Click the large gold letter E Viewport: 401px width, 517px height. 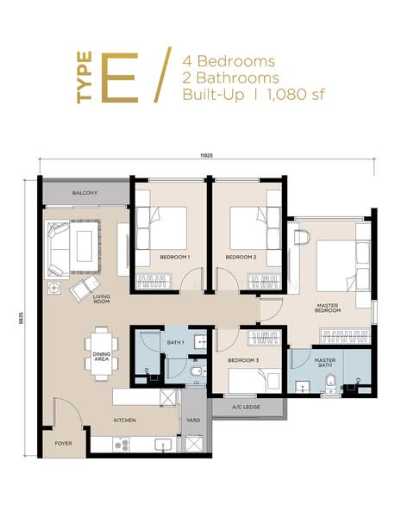pyautogui.click(x=120, y=78)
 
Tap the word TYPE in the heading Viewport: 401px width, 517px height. pyautogui.click(x=85, y=78)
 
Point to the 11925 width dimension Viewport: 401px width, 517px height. pyautogui.click(x=208, y=156)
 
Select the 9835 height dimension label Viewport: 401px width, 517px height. pyautogui.click(x=21, y=318)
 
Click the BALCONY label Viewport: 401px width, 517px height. pyautogui.click(x=85, y=193)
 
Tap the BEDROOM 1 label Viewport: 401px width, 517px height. pyautogui.click(x=174, y=257)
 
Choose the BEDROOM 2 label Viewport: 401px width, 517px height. pyautogui.click(x=241, y=257)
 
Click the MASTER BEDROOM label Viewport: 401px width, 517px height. pyautogui.click(x=328, y=308)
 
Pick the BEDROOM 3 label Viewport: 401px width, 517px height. pyautogui.click(x=243, y=360)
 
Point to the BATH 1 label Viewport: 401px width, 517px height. pyautogui.click(x=175, y=343)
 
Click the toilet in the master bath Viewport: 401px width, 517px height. pyautogui.click(x=329, y=383)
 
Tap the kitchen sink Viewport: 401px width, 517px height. pyautogui.click(x=163, y=445)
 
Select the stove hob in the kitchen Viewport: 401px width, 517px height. pyautogui.click(x=121, y=445)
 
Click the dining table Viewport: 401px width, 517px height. pyautogui.click(x=101, y=354)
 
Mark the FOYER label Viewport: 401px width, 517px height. pyautogui.click(x=63, y=444)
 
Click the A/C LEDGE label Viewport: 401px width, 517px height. pyautogui.click(x=247, y=408)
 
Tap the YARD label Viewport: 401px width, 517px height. pyautogui.click(x=193, y=420)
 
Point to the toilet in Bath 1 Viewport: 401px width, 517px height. pyautogui.click(x=197, y=371)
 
